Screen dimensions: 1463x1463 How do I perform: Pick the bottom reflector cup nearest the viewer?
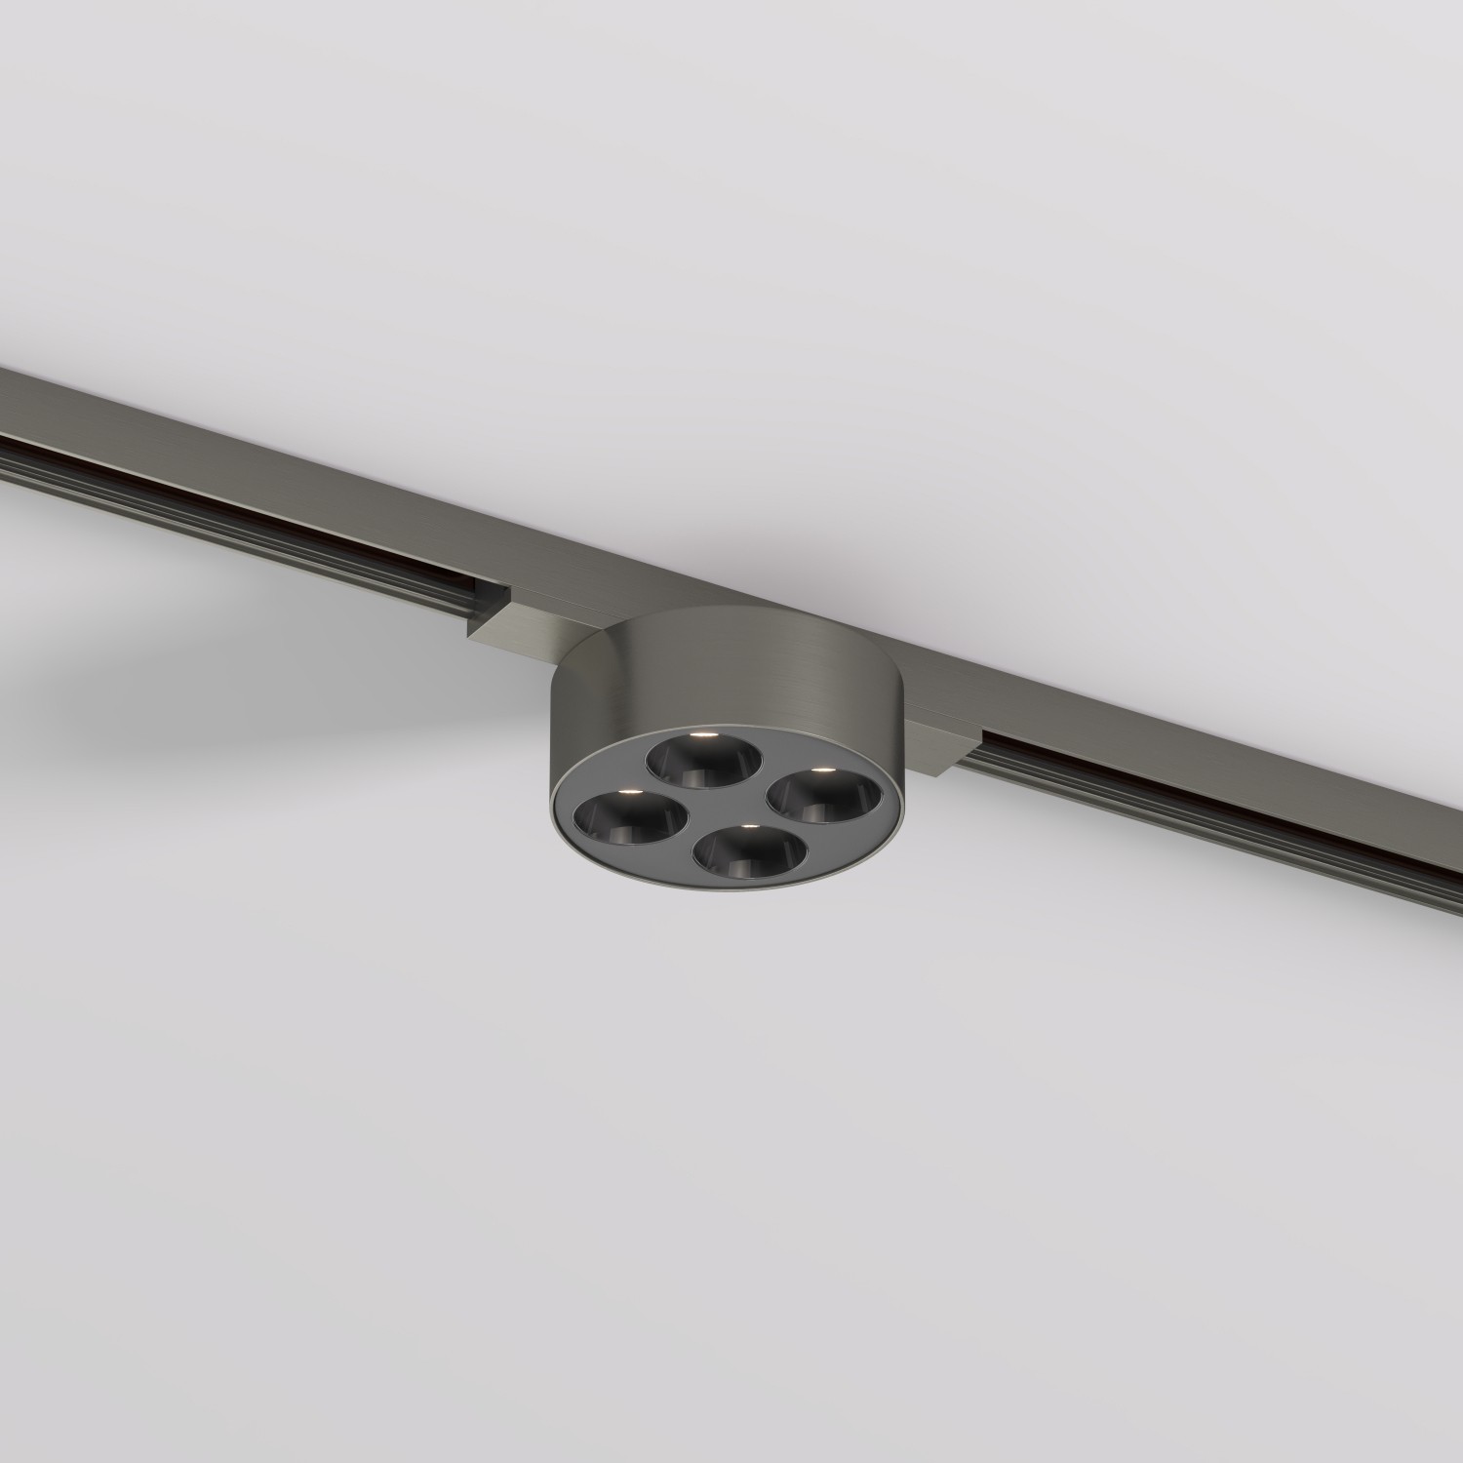click(740, 850)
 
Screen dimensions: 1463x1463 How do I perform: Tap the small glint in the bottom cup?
click(748, 826)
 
